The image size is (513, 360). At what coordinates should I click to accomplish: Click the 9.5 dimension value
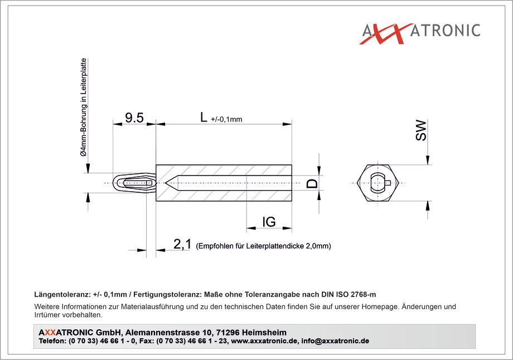134,118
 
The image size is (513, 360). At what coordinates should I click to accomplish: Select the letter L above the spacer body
204,116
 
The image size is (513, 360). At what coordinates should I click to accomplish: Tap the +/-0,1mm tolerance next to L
227,119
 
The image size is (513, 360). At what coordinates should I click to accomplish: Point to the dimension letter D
312,183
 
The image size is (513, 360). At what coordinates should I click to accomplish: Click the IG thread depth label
269,222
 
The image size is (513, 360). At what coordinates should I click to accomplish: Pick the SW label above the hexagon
421,130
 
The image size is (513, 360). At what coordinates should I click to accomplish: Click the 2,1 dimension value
182,244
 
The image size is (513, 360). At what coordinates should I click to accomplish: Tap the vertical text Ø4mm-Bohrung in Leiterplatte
84,107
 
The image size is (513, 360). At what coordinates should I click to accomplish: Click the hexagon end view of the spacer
378,183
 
